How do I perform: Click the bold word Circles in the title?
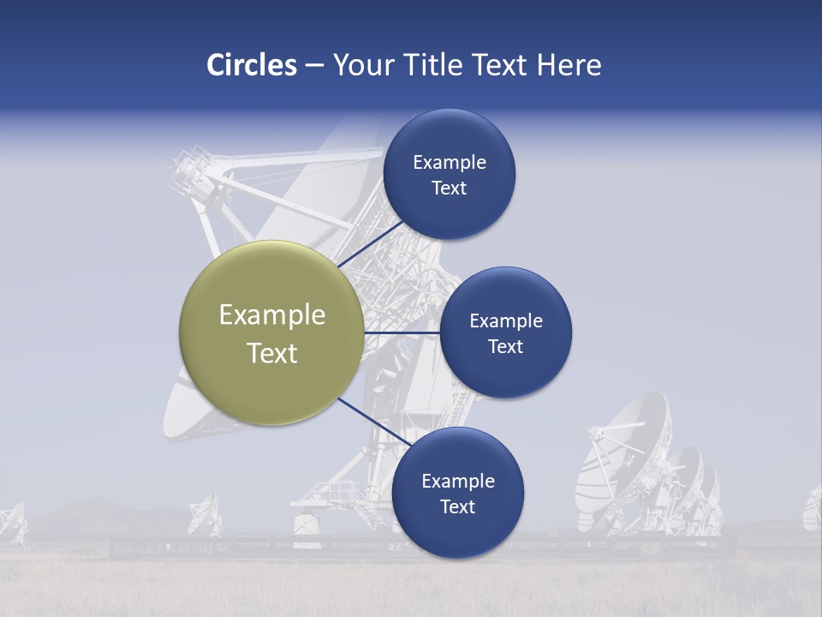tap(251, 65)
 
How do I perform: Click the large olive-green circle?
tap(271, 332)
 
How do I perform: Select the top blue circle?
tap(449, 174)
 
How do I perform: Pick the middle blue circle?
tap(505, 332)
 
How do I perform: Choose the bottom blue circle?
tap(457, 493)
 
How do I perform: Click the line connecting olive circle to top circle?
tap(370, 244)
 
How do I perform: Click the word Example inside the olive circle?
tap(271, 315)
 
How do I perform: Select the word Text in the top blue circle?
tap(449, 189)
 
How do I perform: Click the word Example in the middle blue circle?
tap(505, 321)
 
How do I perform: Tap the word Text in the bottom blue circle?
tap(457, 507)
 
